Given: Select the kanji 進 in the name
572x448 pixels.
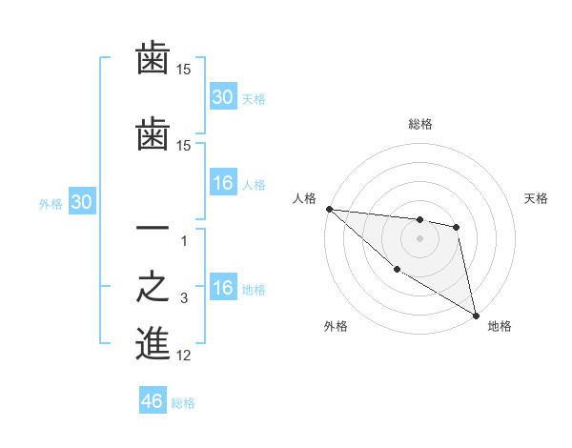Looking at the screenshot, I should pos(153,343).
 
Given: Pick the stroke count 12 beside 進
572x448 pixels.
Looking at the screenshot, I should pos(184,356).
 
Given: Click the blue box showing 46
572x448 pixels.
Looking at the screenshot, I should pos(153,401).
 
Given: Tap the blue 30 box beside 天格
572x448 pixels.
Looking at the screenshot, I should pos(223,96).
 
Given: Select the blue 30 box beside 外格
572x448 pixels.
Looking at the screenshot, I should pos(81,202).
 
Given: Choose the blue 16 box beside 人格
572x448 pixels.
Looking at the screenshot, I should pos(223,183).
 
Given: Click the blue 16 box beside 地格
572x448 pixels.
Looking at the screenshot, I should pos(223,288).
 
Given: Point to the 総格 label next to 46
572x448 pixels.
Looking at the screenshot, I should pos(183,403).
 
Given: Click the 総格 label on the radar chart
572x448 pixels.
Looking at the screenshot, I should pos(420,124).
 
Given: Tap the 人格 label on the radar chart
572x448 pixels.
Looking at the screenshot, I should pos(304,198).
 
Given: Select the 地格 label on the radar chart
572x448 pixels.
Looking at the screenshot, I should pos(500,326).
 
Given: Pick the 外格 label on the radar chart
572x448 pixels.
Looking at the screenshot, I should pos(336,326).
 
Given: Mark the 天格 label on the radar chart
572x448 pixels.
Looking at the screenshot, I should pos(537,198).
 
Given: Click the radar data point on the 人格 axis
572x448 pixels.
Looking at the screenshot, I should pos(329,209).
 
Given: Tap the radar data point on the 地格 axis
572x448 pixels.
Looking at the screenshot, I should pos(476,315).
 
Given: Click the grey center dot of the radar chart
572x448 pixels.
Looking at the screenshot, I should pos(419,238).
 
